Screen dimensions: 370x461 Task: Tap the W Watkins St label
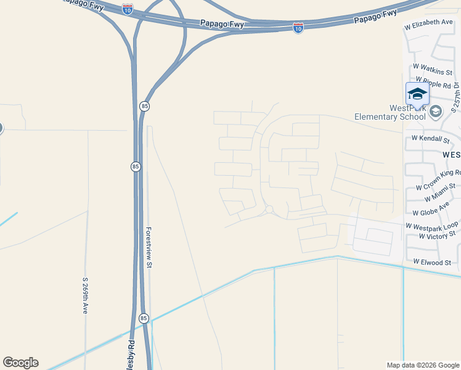pyautogui.click(x=433, y=67)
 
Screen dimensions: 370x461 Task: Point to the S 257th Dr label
pyautogui.click(x=455, y=96)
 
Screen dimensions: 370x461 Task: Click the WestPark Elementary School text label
pyautogui.click(x=390, y=112)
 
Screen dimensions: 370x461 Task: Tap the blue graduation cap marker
pyautogui.click(x=417, y=94)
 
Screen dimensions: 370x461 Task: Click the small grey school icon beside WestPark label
pyautogui.click(x=436, y=112)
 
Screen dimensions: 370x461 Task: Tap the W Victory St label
pyautogui.click(x=436, y=235)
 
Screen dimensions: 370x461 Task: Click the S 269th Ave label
pyautogui.click(x=86, y=296)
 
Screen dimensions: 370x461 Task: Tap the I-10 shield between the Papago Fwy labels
pyautogui.click(x=298, y=28)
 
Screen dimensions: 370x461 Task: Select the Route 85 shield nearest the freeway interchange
pyautogui.click(x=144, y=106)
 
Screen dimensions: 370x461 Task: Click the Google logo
pyautogui.click(x=20, y=363)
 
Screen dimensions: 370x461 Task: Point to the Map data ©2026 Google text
pyautogui.click(x=422, y=365)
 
